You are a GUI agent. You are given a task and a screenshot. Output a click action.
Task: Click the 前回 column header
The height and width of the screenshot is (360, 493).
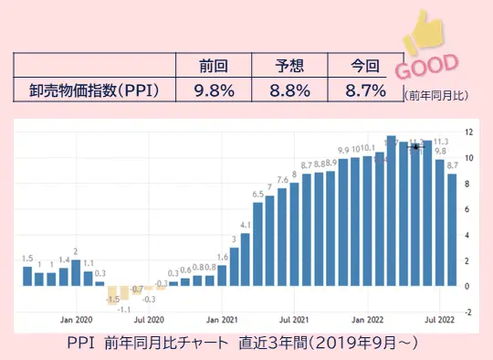click(x=215, y=66)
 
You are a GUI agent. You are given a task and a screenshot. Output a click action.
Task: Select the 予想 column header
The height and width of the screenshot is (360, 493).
click(x=291, y=66)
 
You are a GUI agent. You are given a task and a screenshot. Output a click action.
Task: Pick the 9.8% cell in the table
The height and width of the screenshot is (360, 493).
click(x=215, y=90)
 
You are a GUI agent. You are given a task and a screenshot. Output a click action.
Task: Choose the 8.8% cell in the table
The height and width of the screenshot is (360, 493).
click(x=291, y=90)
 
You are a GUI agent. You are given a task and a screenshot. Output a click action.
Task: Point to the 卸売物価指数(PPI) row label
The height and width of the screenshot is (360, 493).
click(x=94, y=90)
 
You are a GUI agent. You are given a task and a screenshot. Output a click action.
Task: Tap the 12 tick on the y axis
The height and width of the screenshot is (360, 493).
click(x=467, y=132)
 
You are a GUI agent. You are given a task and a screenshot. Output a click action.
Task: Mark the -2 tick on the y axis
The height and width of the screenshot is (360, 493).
click(x=467, y=312)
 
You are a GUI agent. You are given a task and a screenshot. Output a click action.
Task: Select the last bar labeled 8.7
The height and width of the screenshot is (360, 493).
click(x=451, y=229)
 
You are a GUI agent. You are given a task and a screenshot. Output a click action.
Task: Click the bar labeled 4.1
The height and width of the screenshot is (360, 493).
click(x=246, y=259)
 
